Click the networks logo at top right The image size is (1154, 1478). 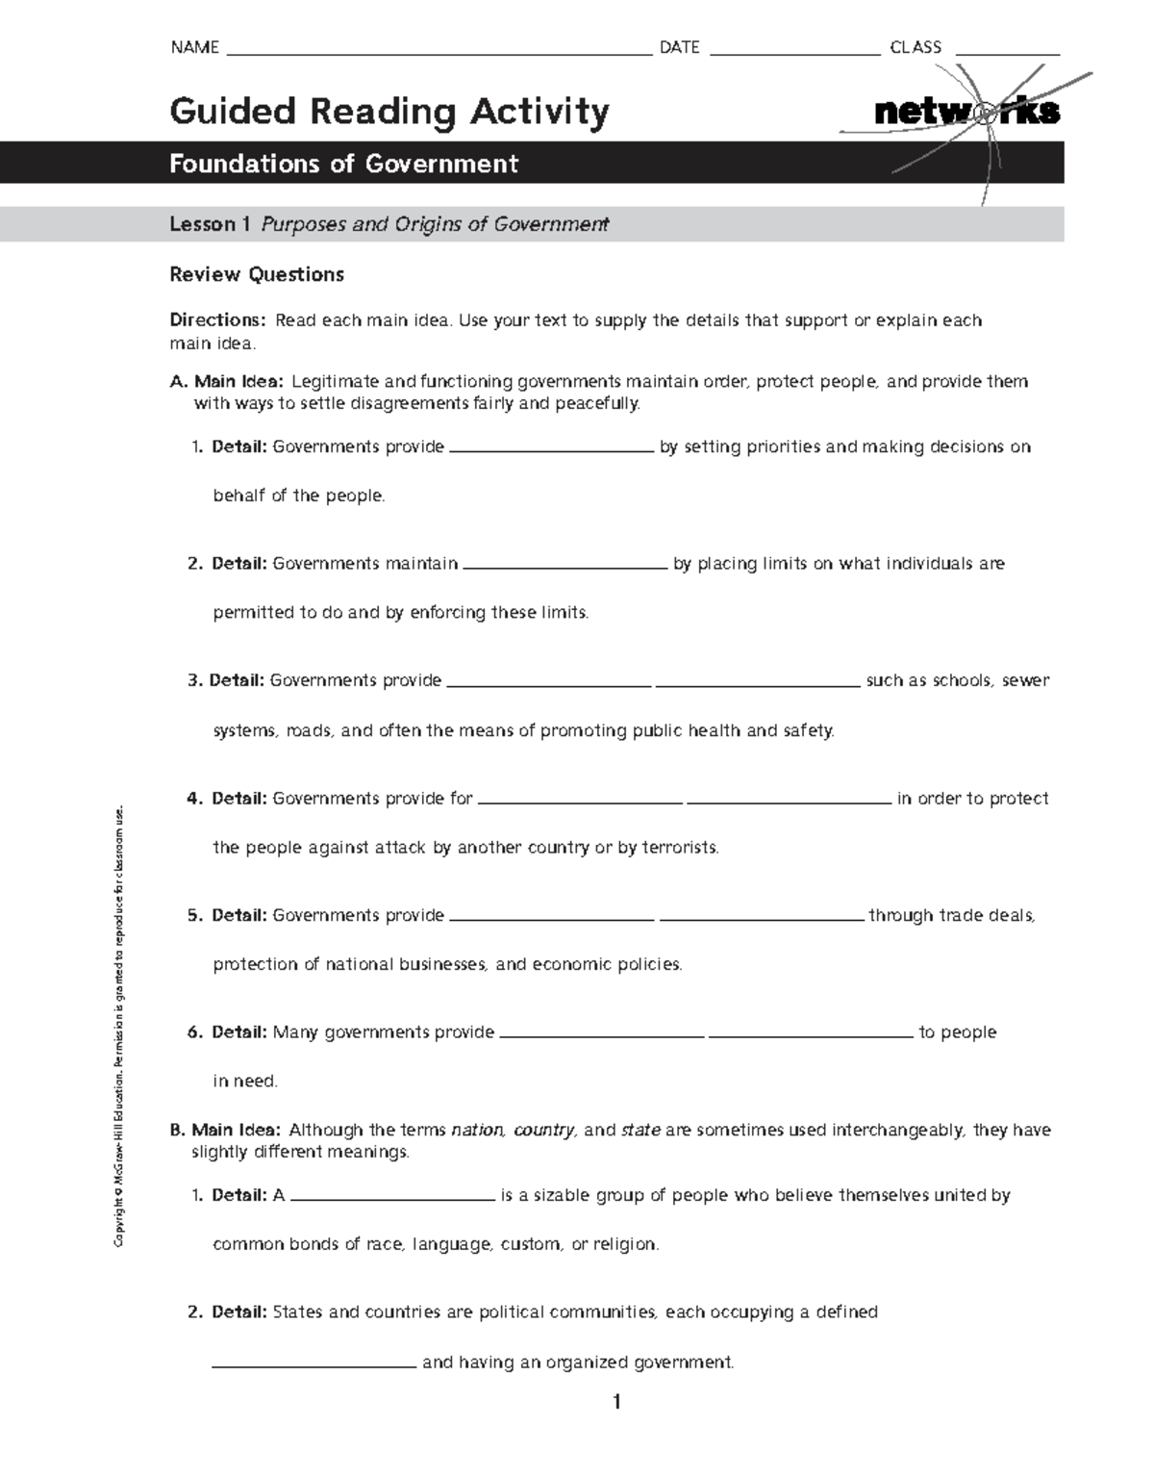(x=966, y=113)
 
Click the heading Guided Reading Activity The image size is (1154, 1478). (x=389, y=112)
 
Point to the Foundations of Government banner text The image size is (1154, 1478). (x=343, y=164)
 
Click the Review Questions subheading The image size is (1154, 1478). (x=257, y=274)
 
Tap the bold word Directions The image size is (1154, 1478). (x=216, y=320)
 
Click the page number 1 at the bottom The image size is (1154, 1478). (x=616, y=1402)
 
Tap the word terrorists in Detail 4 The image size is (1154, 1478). (x=679, y=848)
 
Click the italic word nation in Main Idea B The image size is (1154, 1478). (x=477, y=1130)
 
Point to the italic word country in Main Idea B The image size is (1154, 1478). (x=543, y=1130)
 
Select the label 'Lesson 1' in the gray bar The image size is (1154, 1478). (x=210, y=224)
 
